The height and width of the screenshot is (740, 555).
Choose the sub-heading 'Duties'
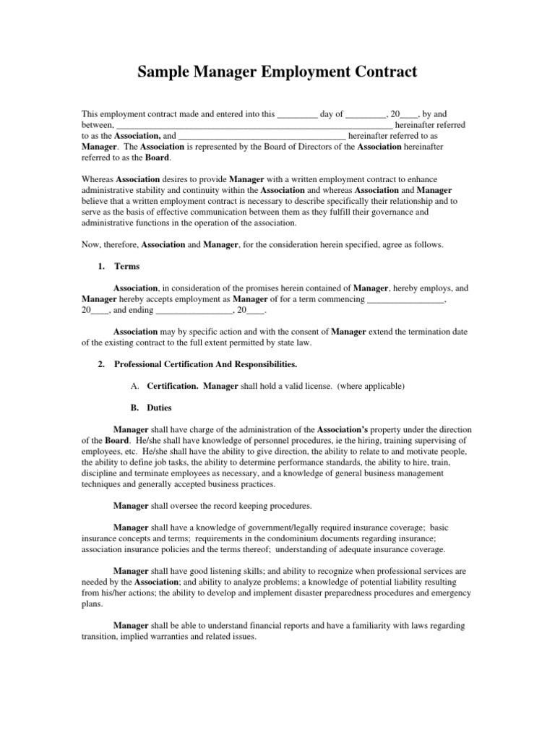(159, 408)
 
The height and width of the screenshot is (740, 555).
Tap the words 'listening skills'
(215, 570)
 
